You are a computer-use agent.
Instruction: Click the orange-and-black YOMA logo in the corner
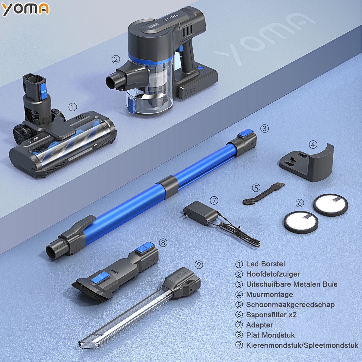tap(26, 9)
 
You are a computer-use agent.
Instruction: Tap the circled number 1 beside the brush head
tap(73, 107)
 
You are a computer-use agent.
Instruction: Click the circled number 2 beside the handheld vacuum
tap(116, 59)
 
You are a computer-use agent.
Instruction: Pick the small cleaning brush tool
tap(263, 194)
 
